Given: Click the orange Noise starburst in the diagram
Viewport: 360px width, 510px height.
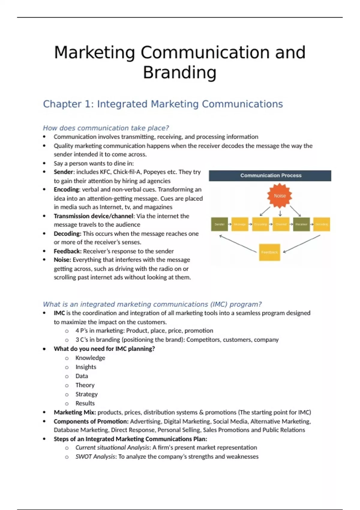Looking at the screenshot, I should (280, 196).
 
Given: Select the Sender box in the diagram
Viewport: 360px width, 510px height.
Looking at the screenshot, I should (219, 224).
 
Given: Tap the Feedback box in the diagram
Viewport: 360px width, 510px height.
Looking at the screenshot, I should (269, 252).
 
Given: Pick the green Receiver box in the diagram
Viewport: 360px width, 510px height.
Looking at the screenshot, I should (301, 224).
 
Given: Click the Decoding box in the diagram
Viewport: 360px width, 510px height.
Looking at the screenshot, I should (322, 224).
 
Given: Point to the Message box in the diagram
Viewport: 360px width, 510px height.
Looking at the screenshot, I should (240, 224).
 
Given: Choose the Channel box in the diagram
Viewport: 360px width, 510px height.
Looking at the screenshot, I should (281, 224).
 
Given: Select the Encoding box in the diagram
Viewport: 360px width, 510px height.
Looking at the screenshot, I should (260, 224).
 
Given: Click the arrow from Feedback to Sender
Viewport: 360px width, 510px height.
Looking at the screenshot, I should (238, 244).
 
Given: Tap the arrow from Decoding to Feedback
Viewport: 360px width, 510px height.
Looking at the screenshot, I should (302, 244).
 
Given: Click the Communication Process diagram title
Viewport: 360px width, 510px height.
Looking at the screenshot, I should (271, 175).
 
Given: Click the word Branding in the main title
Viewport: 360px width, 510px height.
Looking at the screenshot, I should (179, 73).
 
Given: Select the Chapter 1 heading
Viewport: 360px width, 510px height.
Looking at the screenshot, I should (163, 104).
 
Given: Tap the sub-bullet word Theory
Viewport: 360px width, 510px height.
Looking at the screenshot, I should (85, 385).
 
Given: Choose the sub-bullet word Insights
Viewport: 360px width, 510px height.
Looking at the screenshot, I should (86, 367).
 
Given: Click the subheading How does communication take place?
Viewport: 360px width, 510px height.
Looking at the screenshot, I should (106, 128).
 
